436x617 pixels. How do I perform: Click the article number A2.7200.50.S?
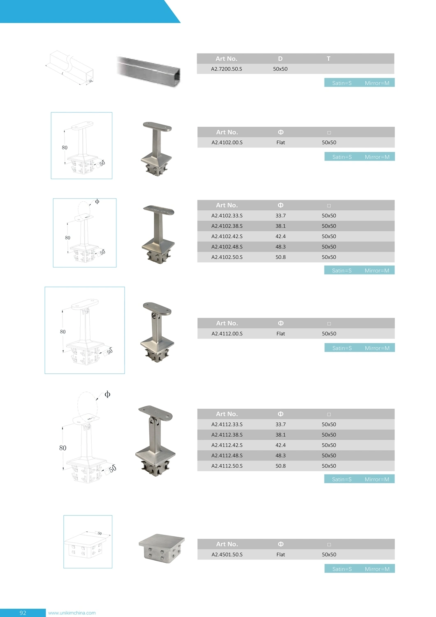click(x=227, y=69)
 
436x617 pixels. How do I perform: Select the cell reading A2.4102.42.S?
click(x=227, y=237)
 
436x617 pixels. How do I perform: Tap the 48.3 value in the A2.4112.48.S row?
click(x=281, y=456)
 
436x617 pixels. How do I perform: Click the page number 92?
click(x=23, y=613)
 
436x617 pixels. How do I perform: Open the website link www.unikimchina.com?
click(x=72, y=613)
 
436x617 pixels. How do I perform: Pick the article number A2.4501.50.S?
click(x=227, y=555)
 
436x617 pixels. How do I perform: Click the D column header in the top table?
click(x=280, y=59)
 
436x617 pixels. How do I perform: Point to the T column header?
click(x=328, y=59)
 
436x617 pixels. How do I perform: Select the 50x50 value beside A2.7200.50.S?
click(x=280, y=69)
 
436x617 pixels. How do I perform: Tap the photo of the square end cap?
click(x=162, y=547)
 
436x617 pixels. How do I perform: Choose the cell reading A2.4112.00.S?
click(x=227, y=334)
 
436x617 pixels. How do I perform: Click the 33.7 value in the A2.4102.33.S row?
click(x=281, y=216)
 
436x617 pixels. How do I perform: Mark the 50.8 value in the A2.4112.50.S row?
click(x=281, y=466)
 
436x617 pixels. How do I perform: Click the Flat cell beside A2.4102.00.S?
click(x=281, y=143)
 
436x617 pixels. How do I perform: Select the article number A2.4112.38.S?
click(x=227, y=435)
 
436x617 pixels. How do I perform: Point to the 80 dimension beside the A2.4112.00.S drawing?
click(x=63, y=332)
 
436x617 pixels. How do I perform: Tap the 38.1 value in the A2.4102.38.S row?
click(x=281, y=226)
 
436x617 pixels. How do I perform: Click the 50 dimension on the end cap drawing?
click(x=100, y=533)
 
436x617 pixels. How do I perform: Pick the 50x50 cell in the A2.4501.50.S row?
click(x=329, y=555)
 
